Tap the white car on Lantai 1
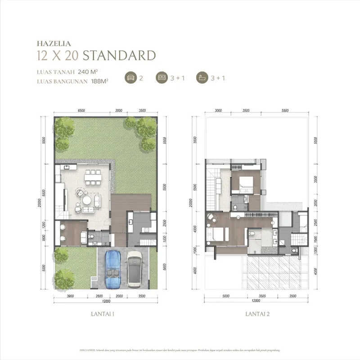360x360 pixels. (x=135, y=269)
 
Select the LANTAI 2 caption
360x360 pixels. (x=257, y=315)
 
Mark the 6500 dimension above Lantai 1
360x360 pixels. (x=81, y=110)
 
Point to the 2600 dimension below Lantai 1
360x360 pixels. (x=99, y=296)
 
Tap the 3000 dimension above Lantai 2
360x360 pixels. (x=218, y=110)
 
